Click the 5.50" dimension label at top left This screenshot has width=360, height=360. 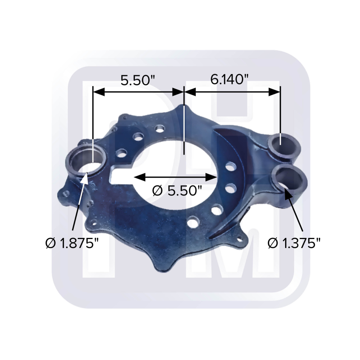point(138,80)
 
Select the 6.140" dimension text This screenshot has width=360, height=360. point(229,80)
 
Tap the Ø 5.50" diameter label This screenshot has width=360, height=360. point(177,190)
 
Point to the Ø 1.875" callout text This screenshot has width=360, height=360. point(72,243)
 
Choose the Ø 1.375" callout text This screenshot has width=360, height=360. point(294,243)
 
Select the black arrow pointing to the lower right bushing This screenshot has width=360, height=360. point(293,209)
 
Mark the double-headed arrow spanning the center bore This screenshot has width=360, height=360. point(175,177)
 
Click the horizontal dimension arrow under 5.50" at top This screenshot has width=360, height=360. point(138,92)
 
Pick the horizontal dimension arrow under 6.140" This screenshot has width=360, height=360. point(232,92)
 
